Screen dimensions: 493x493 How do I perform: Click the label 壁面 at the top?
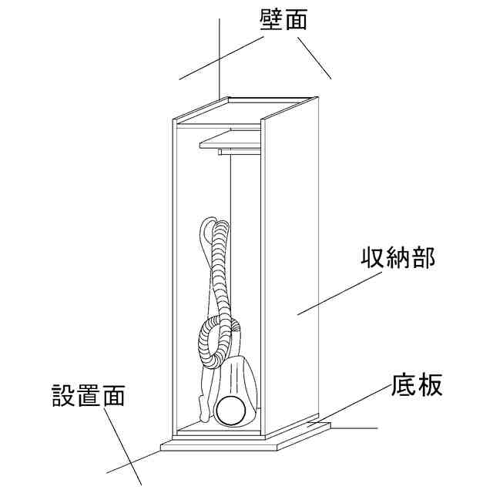[x=283, y=19]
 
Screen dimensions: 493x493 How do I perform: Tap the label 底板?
[x=417, y=384]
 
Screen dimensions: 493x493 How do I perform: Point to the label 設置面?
[x=88, y=396]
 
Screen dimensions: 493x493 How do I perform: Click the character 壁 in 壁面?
[x=271, y=19]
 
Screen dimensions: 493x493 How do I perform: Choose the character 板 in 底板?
[x=431, y=384]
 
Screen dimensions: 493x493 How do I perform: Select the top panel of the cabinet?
[x=246, y=109]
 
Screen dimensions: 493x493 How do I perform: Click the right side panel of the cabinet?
[x=291, y=270]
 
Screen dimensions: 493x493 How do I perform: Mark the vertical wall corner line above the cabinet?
[x=220, y=54]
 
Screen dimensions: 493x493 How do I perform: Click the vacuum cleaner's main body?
[x=239, y=381]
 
